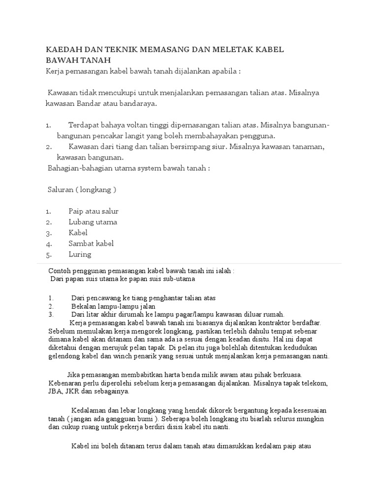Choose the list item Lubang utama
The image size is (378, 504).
coord(93,222)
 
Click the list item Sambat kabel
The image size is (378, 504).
coord(91,244)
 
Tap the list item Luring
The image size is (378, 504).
coord(80,254)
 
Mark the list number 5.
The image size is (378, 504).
coord(49,254)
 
